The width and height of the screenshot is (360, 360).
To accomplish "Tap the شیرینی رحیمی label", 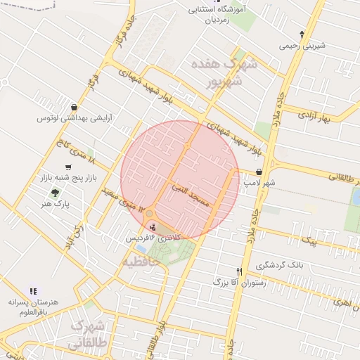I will tap(302, 46).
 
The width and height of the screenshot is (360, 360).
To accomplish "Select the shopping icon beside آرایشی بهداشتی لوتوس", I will tap(75, 108).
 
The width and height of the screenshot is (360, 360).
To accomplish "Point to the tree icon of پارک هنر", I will tap(54, 193).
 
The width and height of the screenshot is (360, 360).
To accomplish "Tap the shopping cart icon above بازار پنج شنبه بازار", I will tap(67, 167).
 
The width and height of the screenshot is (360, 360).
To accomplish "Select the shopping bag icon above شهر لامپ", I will tap(259, 172).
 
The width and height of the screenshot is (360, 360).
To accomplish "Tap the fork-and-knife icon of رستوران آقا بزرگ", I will tap(240, 271).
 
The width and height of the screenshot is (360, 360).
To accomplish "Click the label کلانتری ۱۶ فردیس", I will tap(153, 238).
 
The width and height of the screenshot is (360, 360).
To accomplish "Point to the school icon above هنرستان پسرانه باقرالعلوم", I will tap(32, 290).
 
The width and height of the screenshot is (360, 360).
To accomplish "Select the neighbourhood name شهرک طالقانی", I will tap(88, 336).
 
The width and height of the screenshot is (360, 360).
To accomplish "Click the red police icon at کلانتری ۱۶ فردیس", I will tap(153, 228).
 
